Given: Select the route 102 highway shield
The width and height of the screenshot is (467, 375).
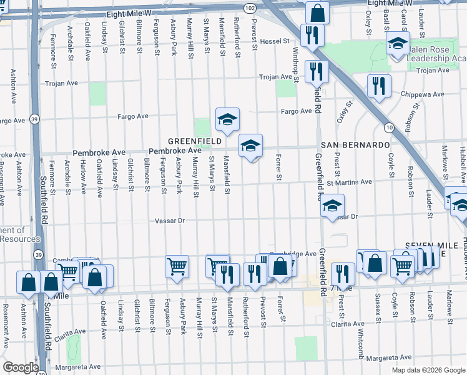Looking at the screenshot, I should (x=250, y=7).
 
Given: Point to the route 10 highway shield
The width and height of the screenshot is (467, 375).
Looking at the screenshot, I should (x=389, y=127).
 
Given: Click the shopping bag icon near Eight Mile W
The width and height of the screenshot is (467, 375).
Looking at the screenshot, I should (x=318, y=12).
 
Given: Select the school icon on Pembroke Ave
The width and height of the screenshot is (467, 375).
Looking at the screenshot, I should (x=250, y=146).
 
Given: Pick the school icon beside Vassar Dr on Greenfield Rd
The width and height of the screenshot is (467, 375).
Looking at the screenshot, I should (x=333, y=204).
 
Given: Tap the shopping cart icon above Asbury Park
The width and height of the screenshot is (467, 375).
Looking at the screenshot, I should (x=177, y=266).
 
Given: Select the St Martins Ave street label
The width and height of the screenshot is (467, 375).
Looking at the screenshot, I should (x=349, y=182).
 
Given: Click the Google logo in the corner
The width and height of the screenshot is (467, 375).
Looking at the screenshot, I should (x=21, y=367).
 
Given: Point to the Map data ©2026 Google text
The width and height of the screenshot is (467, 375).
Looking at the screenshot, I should (x=428, y=370).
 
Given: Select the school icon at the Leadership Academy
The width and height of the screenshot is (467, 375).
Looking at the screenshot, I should (x=397, y=44).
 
